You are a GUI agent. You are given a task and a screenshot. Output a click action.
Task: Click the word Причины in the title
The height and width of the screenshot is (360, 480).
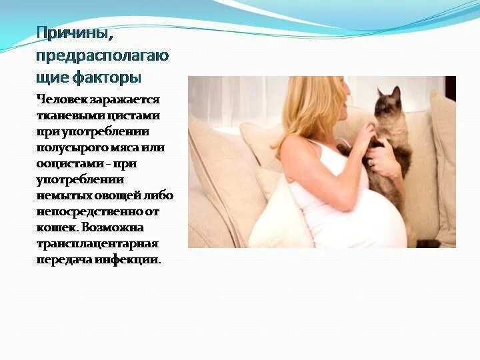point(69,33)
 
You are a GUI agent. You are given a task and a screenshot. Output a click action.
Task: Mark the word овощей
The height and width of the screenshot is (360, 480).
point(121,195)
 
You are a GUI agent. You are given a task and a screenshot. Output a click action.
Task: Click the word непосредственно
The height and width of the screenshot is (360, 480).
point(89,211)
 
